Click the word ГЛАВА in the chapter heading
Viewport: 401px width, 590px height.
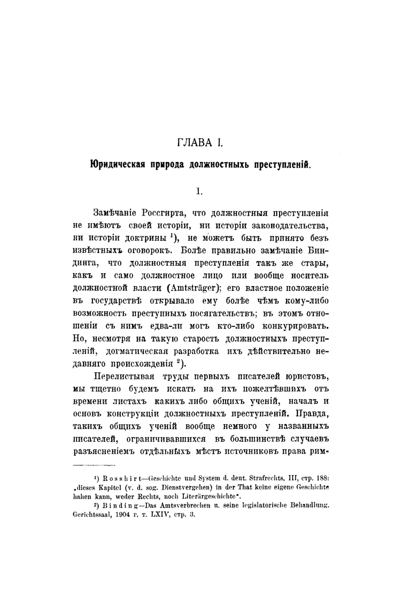pos(194,143)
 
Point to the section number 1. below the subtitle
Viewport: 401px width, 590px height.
pos(199,190)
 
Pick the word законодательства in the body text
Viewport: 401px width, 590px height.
pos(287,224)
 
